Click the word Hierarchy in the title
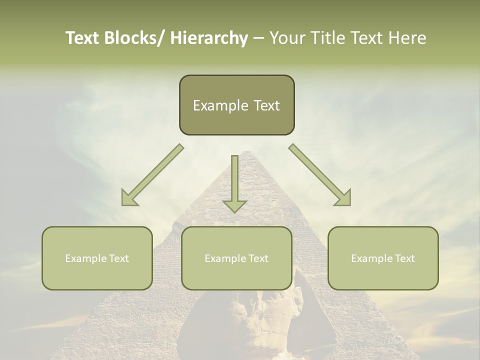(209, 38)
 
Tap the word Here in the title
(407, 38)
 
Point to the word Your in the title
(288, 38)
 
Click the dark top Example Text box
(236, 105)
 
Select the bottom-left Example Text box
(97, 258)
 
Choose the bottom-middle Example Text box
(236, 258)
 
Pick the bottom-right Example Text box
(383, 258)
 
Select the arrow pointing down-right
(320, 175)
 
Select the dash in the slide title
(258, 38)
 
